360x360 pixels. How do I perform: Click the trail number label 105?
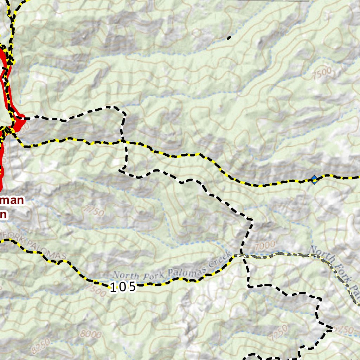coord(123,287)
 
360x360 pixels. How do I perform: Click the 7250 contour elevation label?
coord(279,330)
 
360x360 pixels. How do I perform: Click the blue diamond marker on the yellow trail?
coord(314,180)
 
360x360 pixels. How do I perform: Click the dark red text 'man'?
coord(13,201)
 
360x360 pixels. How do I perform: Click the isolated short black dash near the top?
coord(229,38)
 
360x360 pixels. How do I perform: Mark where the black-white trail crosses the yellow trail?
coord(123,141)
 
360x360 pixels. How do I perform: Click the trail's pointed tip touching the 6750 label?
coord(332,329)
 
